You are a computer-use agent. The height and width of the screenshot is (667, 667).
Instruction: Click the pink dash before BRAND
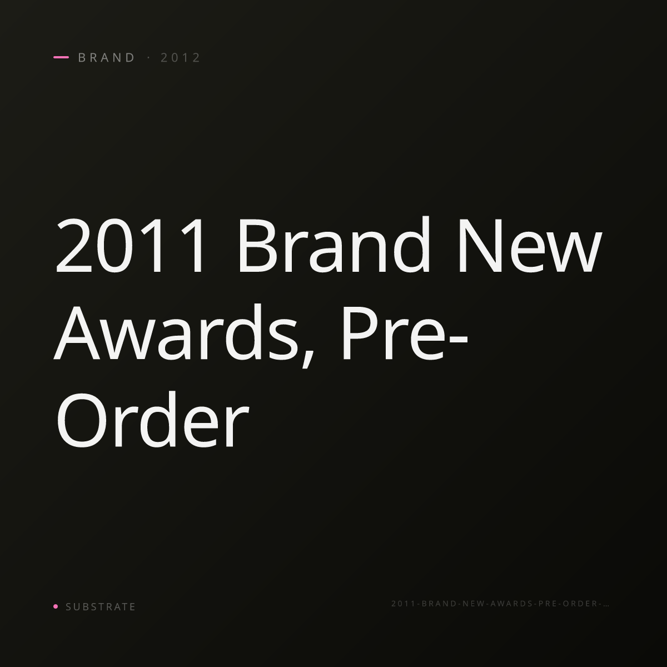click(x=61, y=57)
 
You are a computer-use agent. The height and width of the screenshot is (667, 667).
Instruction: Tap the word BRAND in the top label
click(x=106, y=57)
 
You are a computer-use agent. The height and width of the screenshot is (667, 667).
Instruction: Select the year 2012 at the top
click(x=180, y=57)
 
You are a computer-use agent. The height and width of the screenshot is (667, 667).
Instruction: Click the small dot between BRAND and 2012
click(x=149, y=57)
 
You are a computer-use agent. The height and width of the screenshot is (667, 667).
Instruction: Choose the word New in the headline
click(x=530, y=245)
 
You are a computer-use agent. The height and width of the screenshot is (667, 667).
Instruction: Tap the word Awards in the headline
click(x=176, y=332)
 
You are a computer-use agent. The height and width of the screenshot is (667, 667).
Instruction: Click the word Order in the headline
click(x=152, y=420)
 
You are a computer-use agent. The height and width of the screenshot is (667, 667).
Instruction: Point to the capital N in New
click(x=481, y=246)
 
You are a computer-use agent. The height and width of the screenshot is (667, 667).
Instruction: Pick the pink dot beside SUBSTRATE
click(x=56, y=606)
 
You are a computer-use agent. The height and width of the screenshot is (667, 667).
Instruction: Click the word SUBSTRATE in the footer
click(x=101, y=606)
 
